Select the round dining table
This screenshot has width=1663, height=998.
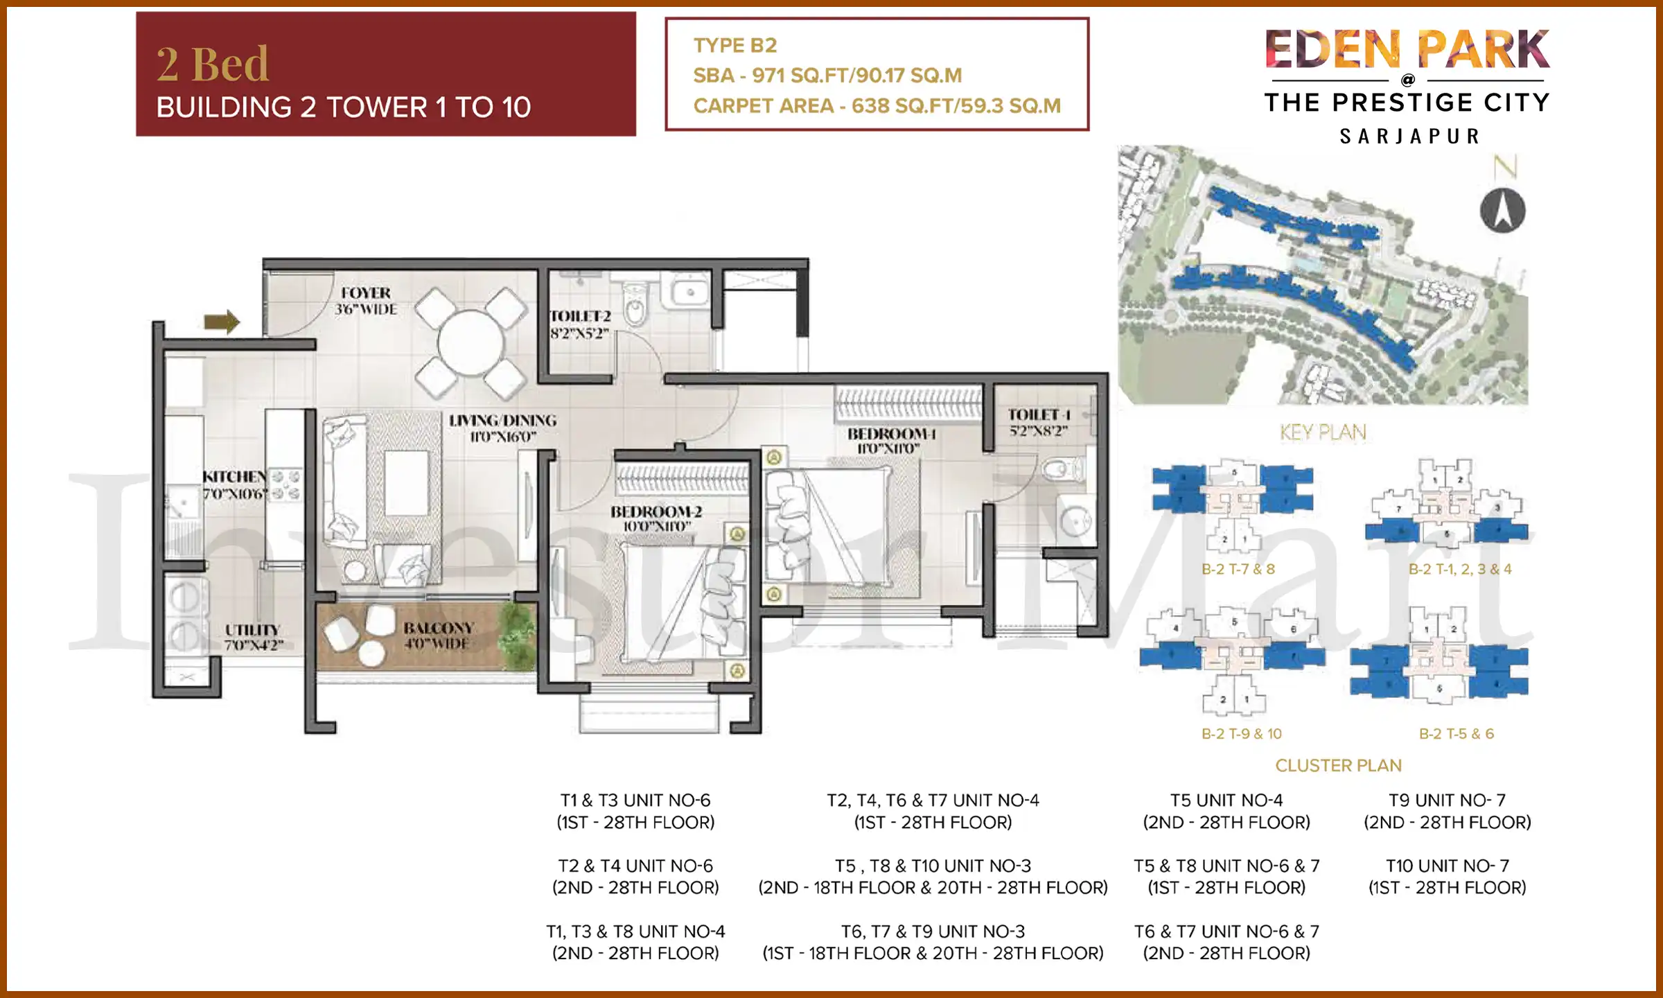pyautogui.click(x=470, y=343)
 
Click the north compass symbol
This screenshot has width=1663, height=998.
pyautogui.click(x=1502, y=211)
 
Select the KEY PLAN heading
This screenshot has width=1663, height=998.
pyautogui.click(x=1322, y=432)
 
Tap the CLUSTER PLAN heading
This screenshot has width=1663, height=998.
pyautogui.click(x=1338, y=765)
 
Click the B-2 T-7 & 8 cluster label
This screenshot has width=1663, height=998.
pyautogui.click(x=1238, y=569)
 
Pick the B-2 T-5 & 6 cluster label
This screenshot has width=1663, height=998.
pyautogui.click(x=1456, y=733)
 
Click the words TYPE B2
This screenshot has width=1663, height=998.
pyautogui.click(x=734, y=46)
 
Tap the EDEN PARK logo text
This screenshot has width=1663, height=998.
pyautogui.click(x=1407, y=50)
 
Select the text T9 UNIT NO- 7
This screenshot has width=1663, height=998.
pyautogui.click(x=1447, y=800)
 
